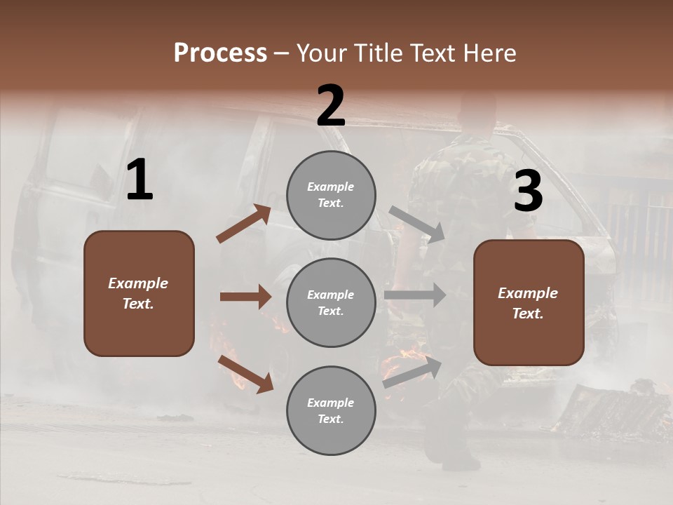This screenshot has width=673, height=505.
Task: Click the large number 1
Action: click(x=140, y=180)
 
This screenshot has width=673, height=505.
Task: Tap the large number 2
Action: click(x=331, y=106)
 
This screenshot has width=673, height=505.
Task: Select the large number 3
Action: click(x=528, y=191)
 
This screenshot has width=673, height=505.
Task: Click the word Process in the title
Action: click(x=220, y=53)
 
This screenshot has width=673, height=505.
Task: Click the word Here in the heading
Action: click(x=491, y=53)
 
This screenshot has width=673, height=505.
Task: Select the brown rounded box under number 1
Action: click(x=139, y=293)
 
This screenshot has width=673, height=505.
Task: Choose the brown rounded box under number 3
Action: click(x=529, y=302)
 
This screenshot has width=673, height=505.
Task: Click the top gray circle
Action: click(x=331, y=195)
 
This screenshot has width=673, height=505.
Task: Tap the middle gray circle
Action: click(x=331, y=302)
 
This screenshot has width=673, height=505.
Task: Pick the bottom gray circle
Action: click(x=331, y=410)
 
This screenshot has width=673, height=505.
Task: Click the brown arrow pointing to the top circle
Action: click(x=244, y=224)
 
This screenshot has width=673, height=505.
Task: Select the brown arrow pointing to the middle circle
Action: click(x=245, y=297)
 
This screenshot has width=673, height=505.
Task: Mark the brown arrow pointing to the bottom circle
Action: click(x=245, y=374)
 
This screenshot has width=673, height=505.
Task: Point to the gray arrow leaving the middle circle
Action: click(x=415, y=295)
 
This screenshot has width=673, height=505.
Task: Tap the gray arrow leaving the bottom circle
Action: click(x=412, y=372)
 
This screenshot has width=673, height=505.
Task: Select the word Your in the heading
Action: click(x=321, y=53)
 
